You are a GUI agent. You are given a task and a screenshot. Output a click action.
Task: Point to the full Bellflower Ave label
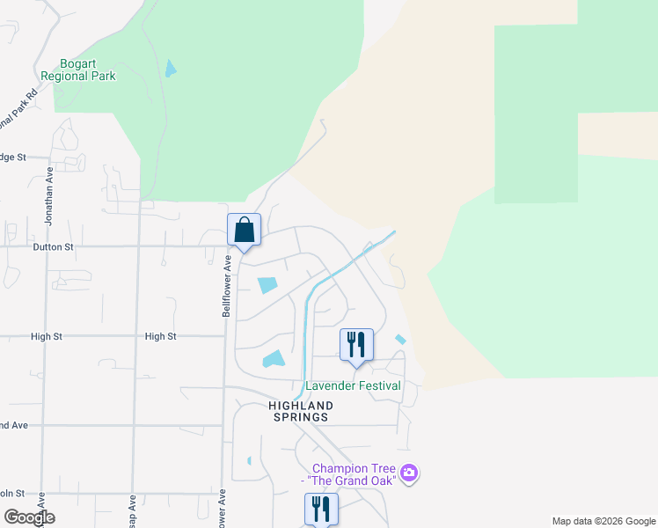tap(226, 286)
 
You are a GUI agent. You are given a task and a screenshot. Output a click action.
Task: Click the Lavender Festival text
tap(353, 386)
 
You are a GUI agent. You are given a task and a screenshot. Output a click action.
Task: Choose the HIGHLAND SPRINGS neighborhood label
tap(301, 411)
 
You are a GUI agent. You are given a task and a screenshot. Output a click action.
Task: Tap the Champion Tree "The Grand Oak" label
tap(350, 474)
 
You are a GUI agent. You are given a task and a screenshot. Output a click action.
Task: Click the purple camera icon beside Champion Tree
tap(408, 474)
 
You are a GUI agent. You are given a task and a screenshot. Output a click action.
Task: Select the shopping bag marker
tap(244, 230)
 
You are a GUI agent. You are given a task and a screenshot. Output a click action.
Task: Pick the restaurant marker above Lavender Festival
tap(356, 343)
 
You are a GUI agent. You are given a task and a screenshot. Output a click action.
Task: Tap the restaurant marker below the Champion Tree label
tap(321, 509)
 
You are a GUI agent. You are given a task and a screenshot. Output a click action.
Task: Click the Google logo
tap(28, 517)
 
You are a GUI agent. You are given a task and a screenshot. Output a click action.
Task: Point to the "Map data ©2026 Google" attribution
tap(603, 521)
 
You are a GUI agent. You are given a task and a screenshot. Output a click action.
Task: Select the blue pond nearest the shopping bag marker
tap(267, 285)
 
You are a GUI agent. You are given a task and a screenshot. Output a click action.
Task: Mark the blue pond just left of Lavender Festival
tap(274, 359)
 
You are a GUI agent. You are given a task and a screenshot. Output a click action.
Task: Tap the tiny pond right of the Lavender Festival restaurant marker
tap(401, 340)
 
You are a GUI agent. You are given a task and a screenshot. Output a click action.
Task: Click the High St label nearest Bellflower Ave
tap(161, 336)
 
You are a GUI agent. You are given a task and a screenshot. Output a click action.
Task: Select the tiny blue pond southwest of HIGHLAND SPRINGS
tap(250, 460)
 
